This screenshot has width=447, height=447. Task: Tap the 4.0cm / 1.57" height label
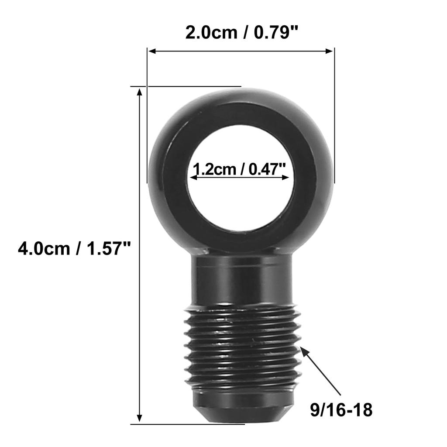(74, 248)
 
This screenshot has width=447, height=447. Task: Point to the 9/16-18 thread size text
(341, 410)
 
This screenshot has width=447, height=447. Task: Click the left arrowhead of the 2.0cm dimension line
(151, 51)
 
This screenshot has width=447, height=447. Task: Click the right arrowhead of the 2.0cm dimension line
(330, 51)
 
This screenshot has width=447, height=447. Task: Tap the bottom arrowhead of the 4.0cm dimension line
(139, 418)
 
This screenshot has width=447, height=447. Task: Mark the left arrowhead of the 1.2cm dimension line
(194, 177)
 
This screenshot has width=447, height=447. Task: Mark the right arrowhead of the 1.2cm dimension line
(285, 177)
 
